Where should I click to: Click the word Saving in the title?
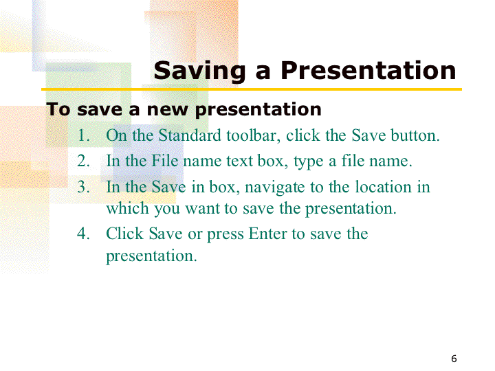pyautogui.click(x=199, y=71)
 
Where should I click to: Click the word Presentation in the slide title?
pyautogui.click(x=368, y=70)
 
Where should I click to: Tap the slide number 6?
pyautogui.click(x=454, y=359)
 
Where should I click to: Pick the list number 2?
pyautogui.click(x=83, y=161)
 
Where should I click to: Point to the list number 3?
pyautogui.click(x=83, y=187)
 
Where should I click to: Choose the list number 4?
pyautogui.click(x=83, y=234)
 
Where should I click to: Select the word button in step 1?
pyautogui.click(x=415, y=135)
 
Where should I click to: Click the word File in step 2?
pyautogui.click(x=165, y=161)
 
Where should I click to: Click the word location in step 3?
pyautogui.click(x=383, y=186)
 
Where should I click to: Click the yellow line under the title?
pyautogui.click(x=252, y=89)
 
